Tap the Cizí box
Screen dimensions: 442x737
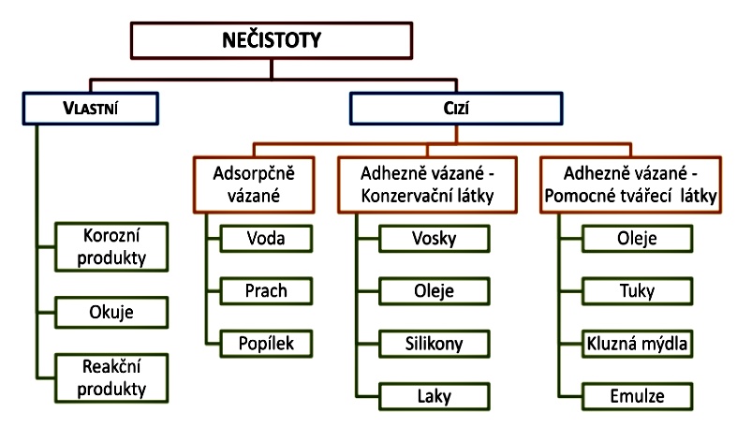[457, 108]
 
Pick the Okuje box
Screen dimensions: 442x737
[113, 309]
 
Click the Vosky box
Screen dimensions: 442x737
[434, 238]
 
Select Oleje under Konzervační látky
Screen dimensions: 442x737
[434, 290]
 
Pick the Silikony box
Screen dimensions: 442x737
[434, 344]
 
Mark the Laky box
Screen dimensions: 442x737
[434, 396]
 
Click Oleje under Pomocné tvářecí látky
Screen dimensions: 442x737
[638, 238]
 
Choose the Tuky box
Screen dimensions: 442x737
[638, 290]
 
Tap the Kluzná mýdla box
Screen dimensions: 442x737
[638, 344]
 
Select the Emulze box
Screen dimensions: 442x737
[638, 396]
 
